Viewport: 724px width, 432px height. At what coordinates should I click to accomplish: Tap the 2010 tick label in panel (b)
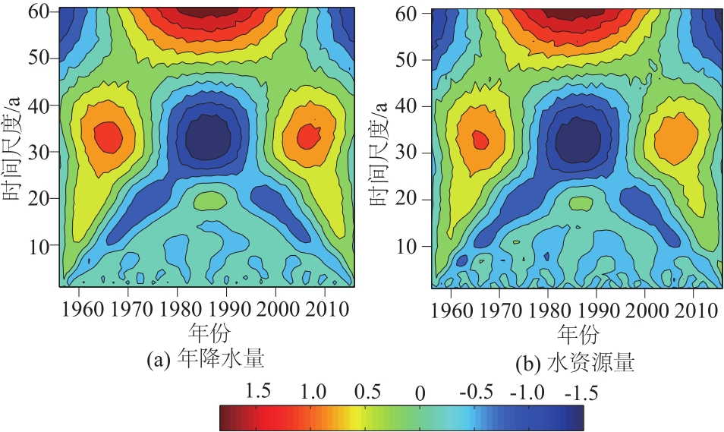pos(696,311)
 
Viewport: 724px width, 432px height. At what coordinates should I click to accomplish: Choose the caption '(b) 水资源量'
pos(579,364)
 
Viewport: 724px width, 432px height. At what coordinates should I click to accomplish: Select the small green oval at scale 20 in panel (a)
pos(209,200)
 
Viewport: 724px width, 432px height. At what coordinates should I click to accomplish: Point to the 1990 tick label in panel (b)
pos(597,311)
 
